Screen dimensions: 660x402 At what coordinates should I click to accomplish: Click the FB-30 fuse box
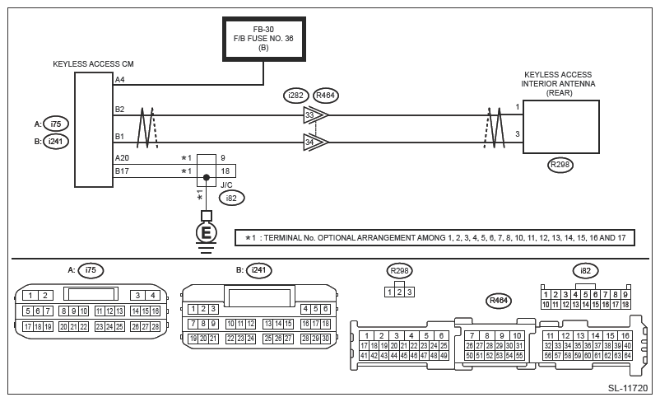(x=264, y=40)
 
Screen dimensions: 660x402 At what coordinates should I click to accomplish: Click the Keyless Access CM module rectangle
(x=94, y=129)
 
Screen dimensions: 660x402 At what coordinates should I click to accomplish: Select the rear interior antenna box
(x=560, y=127)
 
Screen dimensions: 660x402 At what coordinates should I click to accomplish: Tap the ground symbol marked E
(x=207, y=232)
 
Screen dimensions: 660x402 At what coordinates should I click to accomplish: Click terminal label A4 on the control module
(x=120, y=80)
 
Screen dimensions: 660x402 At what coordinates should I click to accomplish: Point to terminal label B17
(x=122, y=171)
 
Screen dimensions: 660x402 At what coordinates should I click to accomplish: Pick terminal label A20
(x=122, y=158)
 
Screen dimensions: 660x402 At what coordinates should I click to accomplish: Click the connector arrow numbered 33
(x=316, y=115)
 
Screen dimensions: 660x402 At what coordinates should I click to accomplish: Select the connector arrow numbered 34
(x=316, y=143)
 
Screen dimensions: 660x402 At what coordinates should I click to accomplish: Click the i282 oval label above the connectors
(x=296, y=96)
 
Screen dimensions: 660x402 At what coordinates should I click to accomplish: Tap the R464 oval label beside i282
(x=326, y=96)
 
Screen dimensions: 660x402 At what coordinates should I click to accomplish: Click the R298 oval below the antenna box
(x=560, y=165)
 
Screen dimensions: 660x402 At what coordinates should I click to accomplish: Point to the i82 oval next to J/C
(x=231, y=198)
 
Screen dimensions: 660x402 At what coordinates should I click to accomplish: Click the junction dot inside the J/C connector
(x=207, y=177)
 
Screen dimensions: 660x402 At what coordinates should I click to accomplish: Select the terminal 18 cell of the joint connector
(x=225, y=171)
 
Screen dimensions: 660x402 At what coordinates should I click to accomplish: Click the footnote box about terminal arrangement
(x=435, y=238)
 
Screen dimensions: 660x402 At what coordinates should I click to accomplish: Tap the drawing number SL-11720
(x=628, y=388)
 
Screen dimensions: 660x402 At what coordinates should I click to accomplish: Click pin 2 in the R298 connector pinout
(x=399, y=292)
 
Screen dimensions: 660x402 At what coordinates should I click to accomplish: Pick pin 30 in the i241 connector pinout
(x=325, y=339)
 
